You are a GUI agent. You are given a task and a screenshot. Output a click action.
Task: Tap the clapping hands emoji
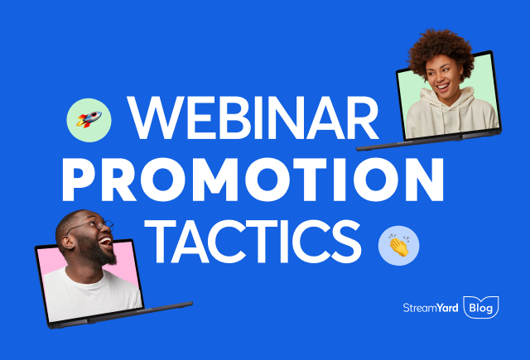click(398, 246)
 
